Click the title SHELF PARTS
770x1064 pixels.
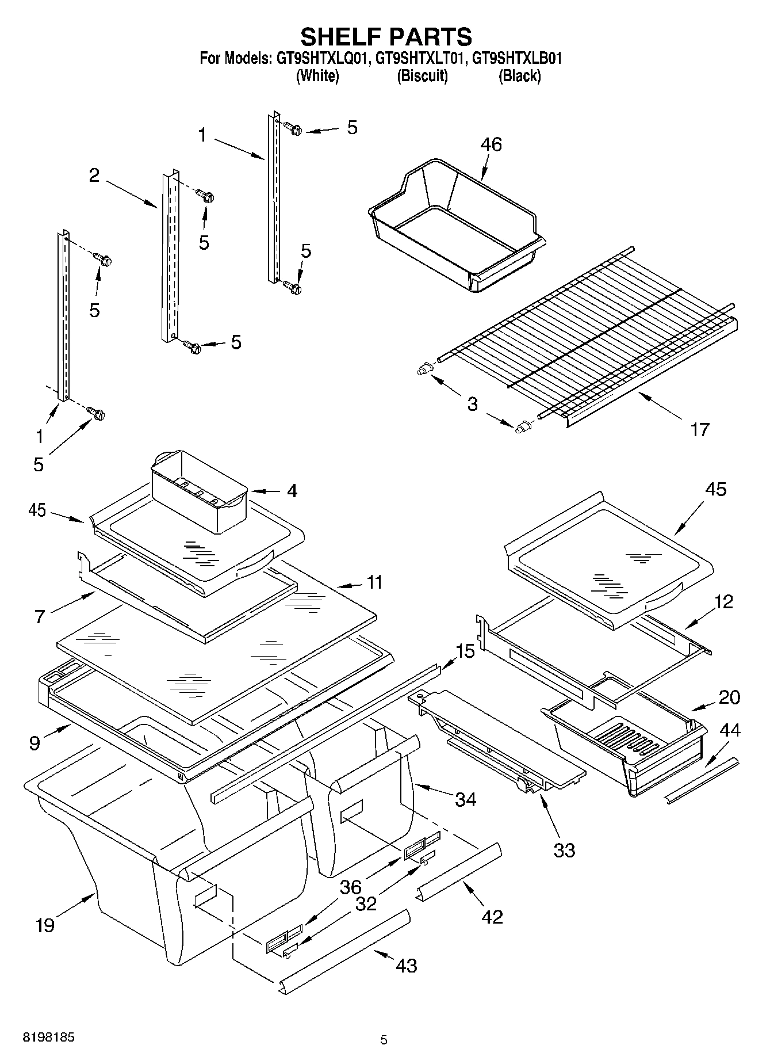386,37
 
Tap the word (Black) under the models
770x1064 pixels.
519,75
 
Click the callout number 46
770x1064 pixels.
491,144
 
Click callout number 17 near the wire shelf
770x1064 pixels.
699,429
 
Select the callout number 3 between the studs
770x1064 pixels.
472,404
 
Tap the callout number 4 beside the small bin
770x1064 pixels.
292,491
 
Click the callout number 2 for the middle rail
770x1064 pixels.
94,176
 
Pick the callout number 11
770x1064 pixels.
374,582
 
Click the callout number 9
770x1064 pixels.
35,743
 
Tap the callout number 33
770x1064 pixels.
564,851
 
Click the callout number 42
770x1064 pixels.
493,916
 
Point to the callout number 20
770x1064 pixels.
729,697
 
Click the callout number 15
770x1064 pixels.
465,651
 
